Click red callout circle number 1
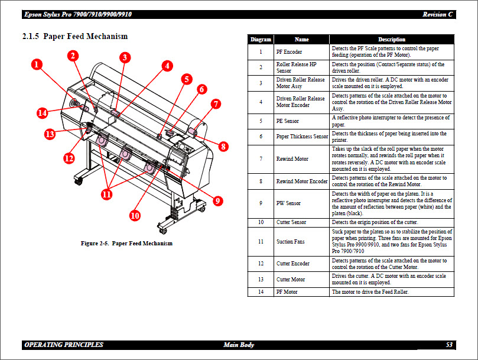coord(37,65)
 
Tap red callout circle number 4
coord(168,66)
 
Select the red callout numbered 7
coord(216,104)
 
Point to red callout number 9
coord(218,201)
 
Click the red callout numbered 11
coord(107,193)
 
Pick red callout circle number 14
coord(42,112)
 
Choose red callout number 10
coord(135,216)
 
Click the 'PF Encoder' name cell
coord(289,52)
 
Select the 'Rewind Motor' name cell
coord(292,159)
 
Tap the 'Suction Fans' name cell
coord(291,242)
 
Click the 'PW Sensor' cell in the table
coord(289,203)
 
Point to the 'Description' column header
coord(392,40)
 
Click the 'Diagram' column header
coord(261,40)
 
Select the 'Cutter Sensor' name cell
coord(291,222)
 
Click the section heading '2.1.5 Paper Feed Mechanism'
coord(74,37)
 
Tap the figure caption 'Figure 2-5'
coord(126,244)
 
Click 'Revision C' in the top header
coord(438,14)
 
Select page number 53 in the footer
coord(449,345)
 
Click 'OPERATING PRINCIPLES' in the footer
coord(64,345)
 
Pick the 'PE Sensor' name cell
coord(288,121)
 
